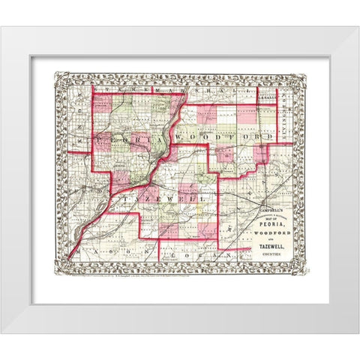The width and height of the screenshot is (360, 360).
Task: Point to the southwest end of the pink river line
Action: tap(69, 257)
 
